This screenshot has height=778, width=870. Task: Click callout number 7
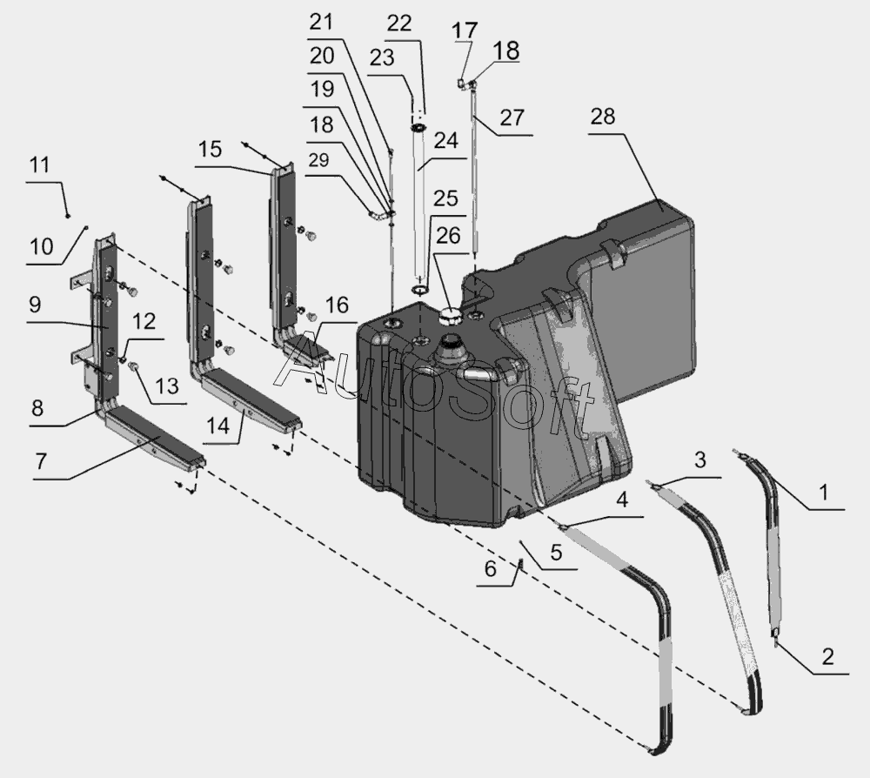pos(41,462)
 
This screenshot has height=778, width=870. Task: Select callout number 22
pos(399,23)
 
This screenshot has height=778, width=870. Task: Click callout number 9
pos(34,305)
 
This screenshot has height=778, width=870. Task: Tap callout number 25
pos(445,199)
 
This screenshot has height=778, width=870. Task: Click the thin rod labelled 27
pos(474,174)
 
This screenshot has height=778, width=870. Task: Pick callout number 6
pos(491,570)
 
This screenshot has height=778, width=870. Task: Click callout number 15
pos(209,149)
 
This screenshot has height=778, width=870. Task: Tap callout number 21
pos(321,21)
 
